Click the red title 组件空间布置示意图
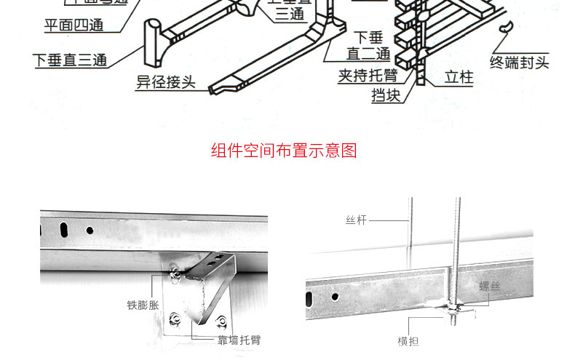284,151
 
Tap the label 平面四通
73,26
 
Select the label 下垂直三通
70,60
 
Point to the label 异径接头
166,81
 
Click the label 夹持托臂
368,76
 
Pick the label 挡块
386,95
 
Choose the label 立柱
459,76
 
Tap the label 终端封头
519,63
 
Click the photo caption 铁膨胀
142,305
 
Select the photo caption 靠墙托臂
238,340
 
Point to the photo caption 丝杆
356,219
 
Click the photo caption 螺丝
490,287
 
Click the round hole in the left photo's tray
90,230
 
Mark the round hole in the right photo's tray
335,297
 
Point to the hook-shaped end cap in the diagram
504,28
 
